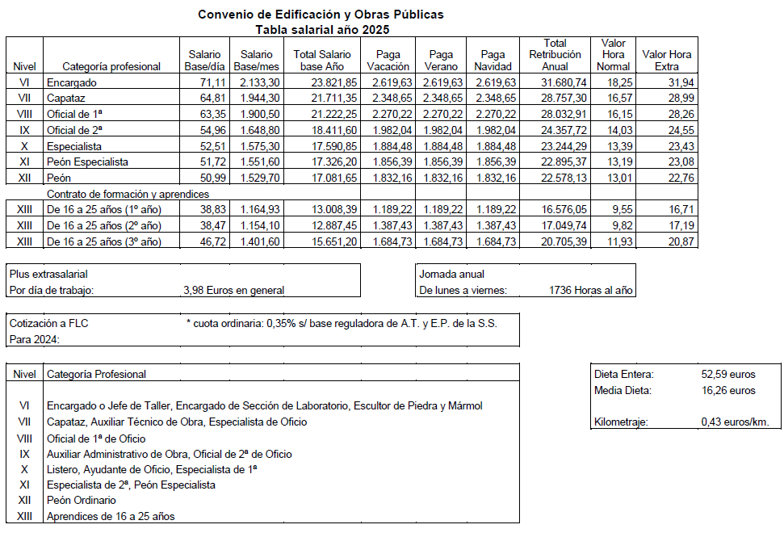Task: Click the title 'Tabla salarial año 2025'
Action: [x=322, y=29]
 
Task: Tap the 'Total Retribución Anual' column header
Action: [x=555, y=54]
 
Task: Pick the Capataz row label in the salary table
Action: [x=67, y=98]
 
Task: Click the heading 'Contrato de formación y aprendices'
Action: [x=128, y=194]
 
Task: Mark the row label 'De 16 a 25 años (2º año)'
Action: [x=104, y=225]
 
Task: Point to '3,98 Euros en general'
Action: [x=234, y=290]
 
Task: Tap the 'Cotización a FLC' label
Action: [x=48, y=323]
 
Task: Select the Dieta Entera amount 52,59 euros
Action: [x=728, y=375]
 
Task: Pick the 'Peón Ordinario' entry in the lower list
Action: [x=82, y=501]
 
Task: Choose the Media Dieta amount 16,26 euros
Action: [x=728, y=391]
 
